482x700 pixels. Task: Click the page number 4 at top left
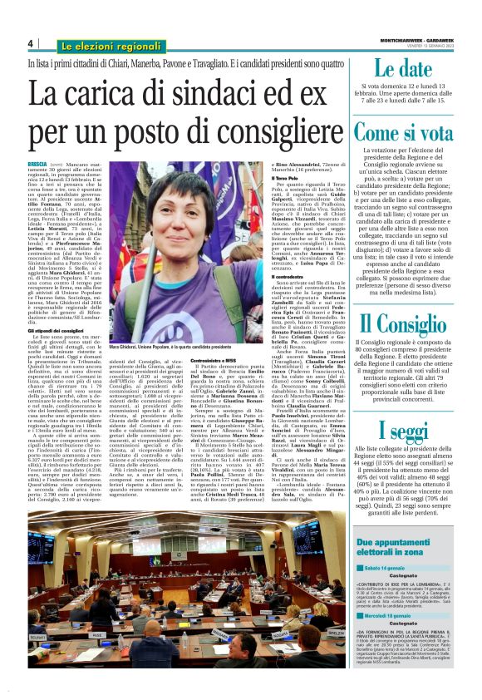pos(30,44)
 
